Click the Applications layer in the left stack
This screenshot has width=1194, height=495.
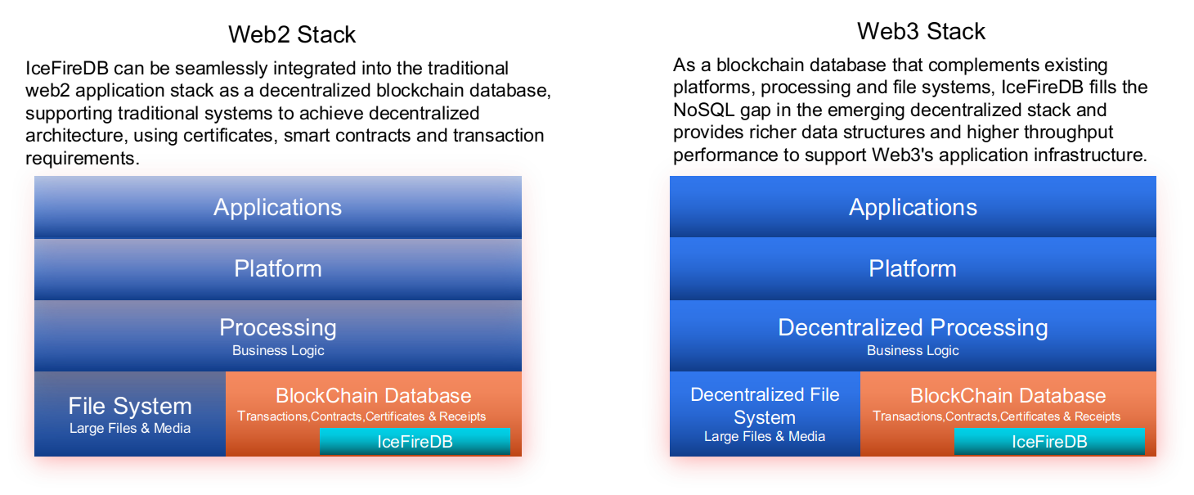click(277, 207)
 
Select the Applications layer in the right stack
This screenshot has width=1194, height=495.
click(913, 207)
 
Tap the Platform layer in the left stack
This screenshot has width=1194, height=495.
click(277, 268)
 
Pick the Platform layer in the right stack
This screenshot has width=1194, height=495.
click(913, 268)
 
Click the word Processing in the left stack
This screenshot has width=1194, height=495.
click(277, 327)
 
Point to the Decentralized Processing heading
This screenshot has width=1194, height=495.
click(913, 327)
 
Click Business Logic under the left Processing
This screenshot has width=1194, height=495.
click(278, 350)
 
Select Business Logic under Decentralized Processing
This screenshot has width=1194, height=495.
click(913, 350)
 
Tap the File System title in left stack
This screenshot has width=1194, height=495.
click(130, 406)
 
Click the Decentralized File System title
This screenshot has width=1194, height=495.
click(765, 406)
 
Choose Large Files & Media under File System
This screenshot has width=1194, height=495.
click(130, 428)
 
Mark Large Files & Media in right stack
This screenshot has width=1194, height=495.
click(765, 436)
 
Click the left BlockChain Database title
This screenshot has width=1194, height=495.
click(373, 396)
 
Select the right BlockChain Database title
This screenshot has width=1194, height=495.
click(1008, 396)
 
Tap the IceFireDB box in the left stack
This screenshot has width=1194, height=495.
click(415, 442)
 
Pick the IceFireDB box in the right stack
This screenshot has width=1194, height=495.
click(1049, 442)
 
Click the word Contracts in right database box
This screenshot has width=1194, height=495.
click(971, 416)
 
